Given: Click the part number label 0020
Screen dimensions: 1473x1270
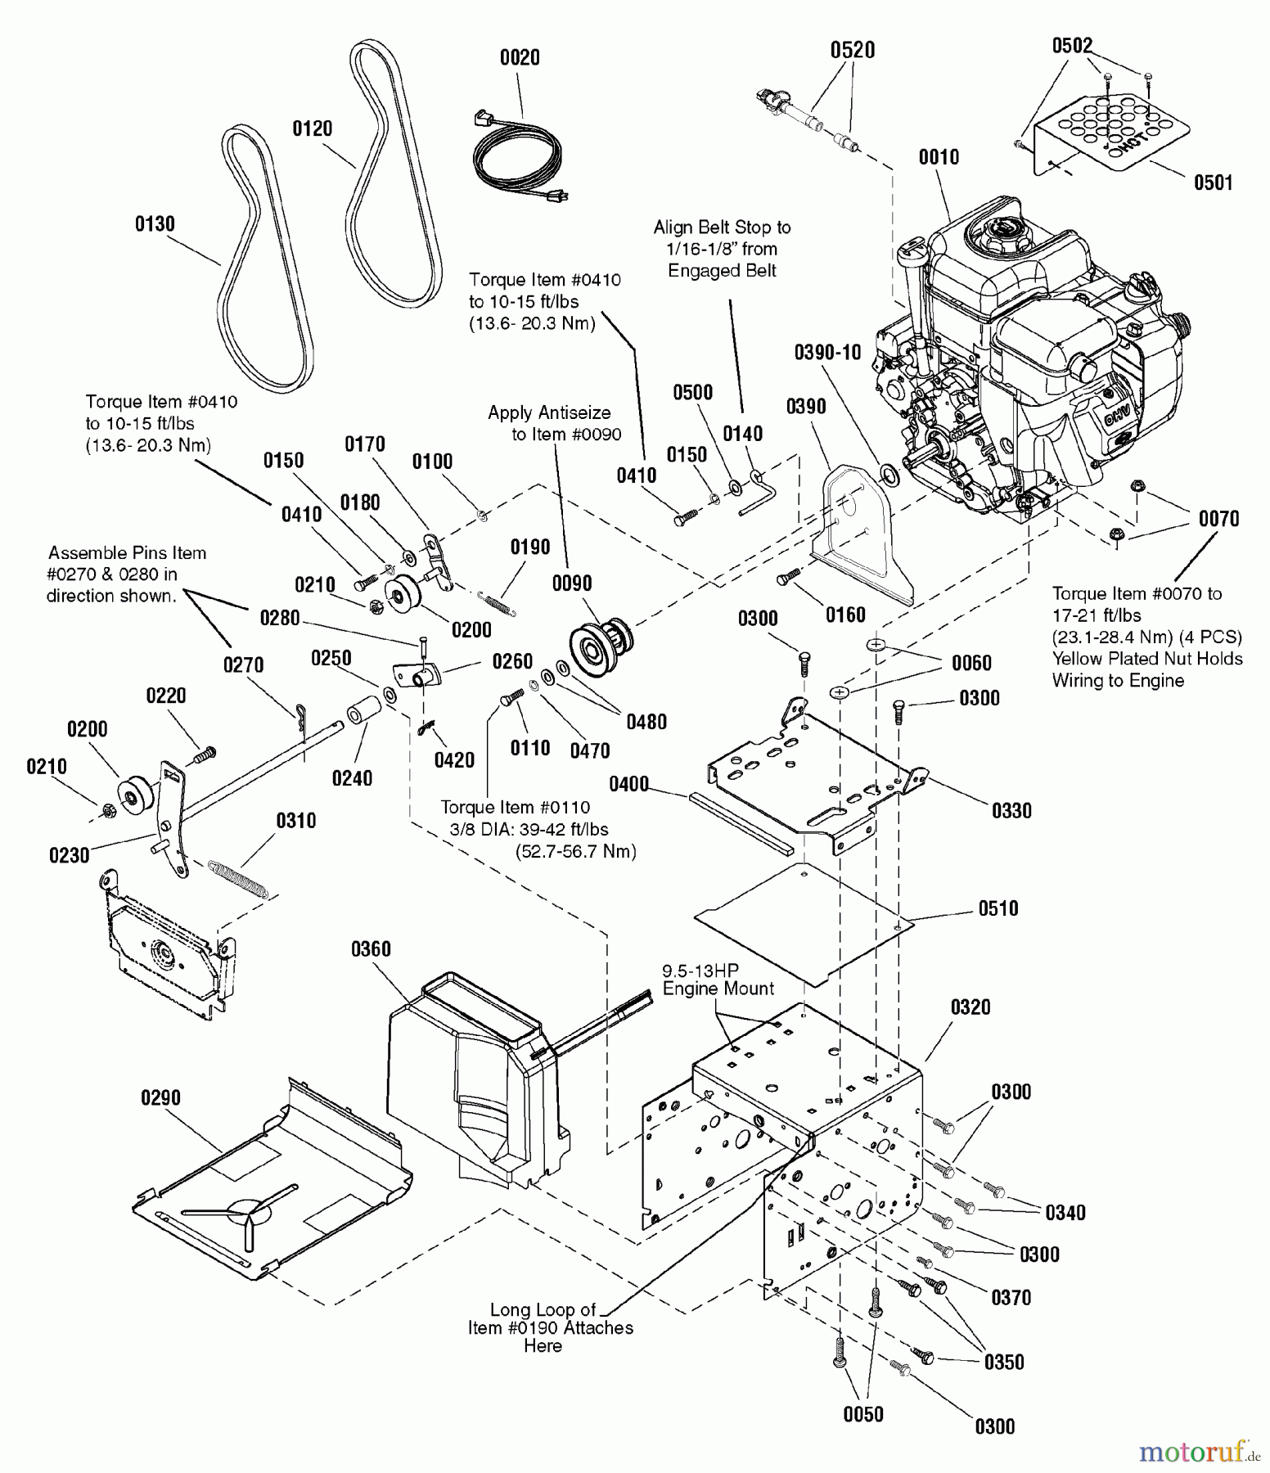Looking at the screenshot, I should pos(520,57).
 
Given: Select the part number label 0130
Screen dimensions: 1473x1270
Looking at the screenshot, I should pos(155,224).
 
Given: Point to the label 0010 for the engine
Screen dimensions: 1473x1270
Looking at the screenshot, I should pos(939,157).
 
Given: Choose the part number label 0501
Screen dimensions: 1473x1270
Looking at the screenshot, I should pos(1213,182).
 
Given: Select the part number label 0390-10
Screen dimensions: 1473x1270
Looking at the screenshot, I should pos(827,353).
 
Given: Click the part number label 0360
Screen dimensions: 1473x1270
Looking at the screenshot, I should pos(371,949).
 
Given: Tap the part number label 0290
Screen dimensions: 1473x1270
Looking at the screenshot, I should pos(160,1098).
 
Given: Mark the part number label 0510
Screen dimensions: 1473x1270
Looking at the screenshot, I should pos(998,908).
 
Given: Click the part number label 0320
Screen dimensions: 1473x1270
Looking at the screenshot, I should pos(971,1007).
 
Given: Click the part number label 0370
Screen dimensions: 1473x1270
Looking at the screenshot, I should pos(1011,1298).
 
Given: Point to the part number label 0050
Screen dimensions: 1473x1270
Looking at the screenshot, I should pos(863,1415).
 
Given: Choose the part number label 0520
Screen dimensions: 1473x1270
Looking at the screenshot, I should pos(853,51).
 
